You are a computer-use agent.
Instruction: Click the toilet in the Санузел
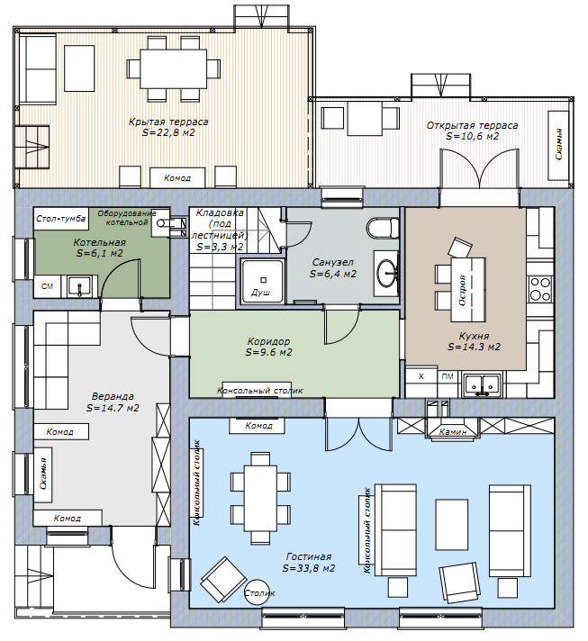click(383, 228)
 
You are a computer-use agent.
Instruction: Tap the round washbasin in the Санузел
click(387, 273)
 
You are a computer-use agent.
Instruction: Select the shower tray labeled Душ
click(262, 281)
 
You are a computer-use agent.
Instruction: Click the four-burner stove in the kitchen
click(539, 289)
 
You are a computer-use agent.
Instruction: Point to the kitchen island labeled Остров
click(468, 289)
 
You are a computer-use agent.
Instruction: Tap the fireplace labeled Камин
click(452, 429)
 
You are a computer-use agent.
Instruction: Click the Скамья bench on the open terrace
click(558, 145)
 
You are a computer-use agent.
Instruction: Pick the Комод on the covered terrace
click(177, 178)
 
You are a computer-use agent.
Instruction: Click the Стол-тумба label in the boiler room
click(60, 218)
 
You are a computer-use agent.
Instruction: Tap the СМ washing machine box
click(48, 286)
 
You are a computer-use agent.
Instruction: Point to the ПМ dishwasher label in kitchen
click(448, 376)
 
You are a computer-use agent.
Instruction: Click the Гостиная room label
click(309, 556)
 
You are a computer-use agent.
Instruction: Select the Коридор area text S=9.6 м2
click(268, 352)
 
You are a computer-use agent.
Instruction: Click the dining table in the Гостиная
click(261, 498)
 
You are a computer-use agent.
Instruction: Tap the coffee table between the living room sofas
click(451, 524)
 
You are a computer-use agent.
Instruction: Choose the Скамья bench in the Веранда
click(43, 474)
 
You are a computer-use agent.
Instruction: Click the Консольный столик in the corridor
click(260, 392)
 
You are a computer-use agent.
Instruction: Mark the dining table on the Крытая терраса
click(173, 68)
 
